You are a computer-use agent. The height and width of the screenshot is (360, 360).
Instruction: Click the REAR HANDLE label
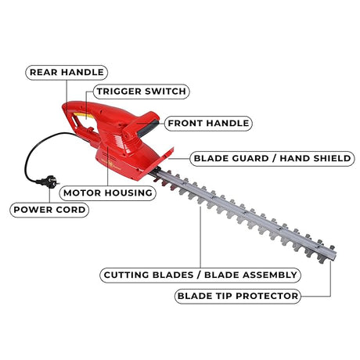click(67, 72)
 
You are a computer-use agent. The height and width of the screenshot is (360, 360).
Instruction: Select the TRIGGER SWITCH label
click(141, 92)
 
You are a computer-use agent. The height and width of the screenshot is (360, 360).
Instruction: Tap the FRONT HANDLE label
click(208, 123)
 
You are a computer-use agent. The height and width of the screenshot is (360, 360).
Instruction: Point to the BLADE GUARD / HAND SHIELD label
click(272, 158)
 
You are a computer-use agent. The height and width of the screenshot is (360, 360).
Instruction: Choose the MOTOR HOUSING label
click(108, 193)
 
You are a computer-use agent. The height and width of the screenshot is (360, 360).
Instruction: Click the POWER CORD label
click(49, 210)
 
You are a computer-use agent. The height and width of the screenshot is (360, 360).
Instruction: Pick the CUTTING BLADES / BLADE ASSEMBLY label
click(200, 275)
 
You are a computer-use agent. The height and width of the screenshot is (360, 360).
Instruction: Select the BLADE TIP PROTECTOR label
click(237, 296)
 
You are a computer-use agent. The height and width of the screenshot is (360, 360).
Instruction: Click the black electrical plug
click(49, 182)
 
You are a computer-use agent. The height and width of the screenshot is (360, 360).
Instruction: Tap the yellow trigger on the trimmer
click(84, 115)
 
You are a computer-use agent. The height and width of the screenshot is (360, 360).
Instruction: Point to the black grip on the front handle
click(148, 128)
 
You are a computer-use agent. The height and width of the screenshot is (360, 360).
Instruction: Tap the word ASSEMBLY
click(270, 275)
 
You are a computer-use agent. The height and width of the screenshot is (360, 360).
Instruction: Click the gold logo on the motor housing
click(110, 165)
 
